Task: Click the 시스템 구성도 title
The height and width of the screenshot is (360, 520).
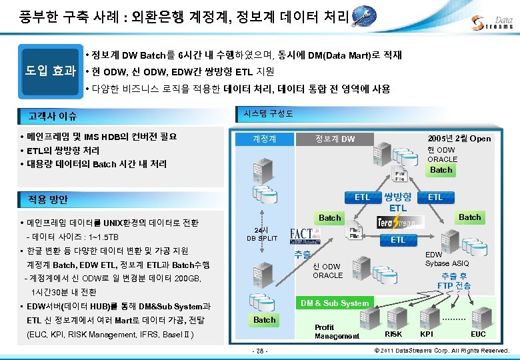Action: click(x=269, y=113)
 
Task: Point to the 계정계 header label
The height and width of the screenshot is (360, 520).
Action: click(x=265, y=139)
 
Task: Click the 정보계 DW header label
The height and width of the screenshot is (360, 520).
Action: click(x=335, y=139)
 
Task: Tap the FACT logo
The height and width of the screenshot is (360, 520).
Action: click(x=309, y=235)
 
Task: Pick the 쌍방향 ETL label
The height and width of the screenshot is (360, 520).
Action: click(x=398, y=203)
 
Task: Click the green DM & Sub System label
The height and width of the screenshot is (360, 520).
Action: click(x=335, y=303)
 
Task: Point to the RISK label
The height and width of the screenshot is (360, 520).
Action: click(x=394, y=333)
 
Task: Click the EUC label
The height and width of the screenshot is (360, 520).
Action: click(x=478, y=333)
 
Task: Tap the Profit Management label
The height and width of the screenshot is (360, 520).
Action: click(x=337, y=332)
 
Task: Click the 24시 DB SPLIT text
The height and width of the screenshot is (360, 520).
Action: click(x=262, y=234)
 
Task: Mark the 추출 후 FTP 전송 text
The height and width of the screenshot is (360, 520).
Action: click(x=455, y=281)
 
